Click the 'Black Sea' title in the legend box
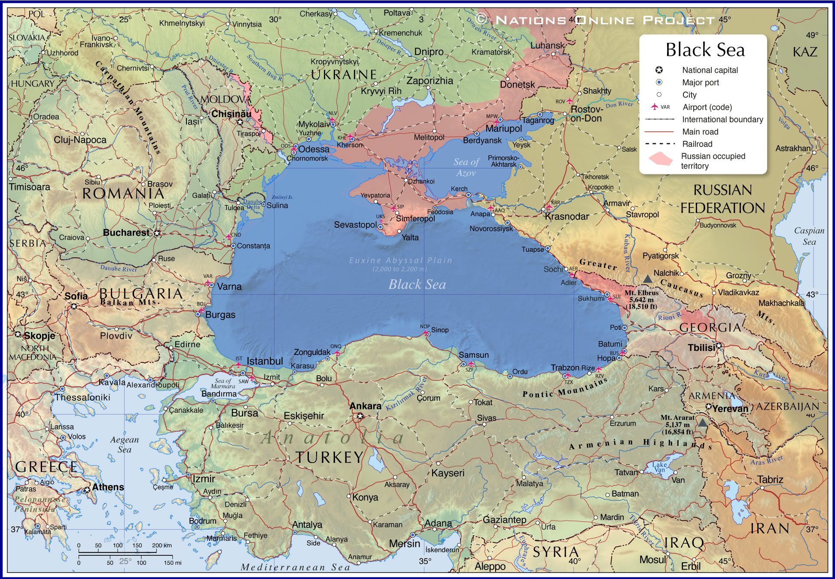[x=705, y=50]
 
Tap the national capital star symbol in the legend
[x=659, y=70]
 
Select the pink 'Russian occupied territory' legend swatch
[x=660, y=159]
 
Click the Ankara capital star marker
[x=360, y=415]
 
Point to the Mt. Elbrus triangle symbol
[x=647, y=279]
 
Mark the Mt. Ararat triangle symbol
[x=702, y=423]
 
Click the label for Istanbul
[x=265, y=361]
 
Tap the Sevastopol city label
[x=355, y=224]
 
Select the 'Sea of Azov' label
[x=466, y=167]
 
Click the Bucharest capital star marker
[x=157, y=233]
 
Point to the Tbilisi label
[x=701, y=348]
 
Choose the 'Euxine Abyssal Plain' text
[x=400, y=260]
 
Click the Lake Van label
[x=659, y=467]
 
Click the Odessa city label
[x=314, y=149]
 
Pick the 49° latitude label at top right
[x=812, y=35]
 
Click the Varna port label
[x=229, y=287]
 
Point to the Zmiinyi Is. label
[x=282, y=197]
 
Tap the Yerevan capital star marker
[x=709, y=406]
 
